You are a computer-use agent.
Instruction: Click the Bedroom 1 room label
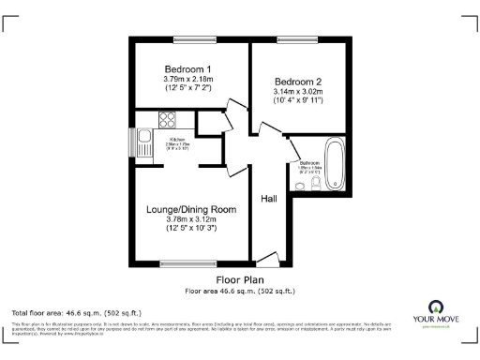187,69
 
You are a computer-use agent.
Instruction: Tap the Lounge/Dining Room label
190,209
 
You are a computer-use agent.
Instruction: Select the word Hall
269,198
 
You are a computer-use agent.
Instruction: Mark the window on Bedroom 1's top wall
188,39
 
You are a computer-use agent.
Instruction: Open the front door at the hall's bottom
267,259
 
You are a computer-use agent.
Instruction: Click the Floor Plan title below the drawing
240,279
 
